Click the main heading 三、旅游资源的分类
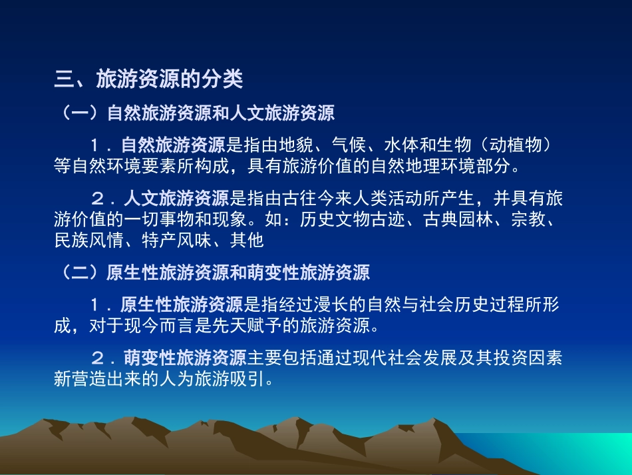pyautogui.click(x=148, y=80)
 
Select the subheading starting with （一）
pyautogui.click(x=194, y=113)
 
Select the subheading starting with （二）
pyautogui.click(x=212, y=272)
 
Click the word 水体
pyautogui.click(x=402, y=145)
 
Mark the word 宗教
pyautogui.click(x=529, y=219)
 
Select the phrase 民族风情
pyautogui.click(x=88, y=240)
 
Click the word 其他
pyautogui.click(x=247, y=240)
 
